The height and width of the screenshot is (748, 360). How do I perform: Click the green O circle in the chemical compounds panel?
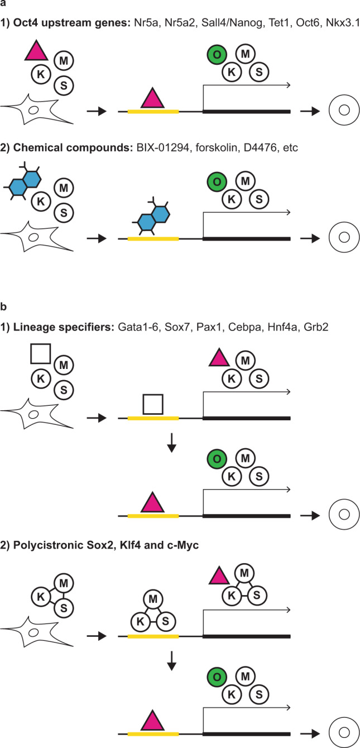(x=216, y=182)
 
